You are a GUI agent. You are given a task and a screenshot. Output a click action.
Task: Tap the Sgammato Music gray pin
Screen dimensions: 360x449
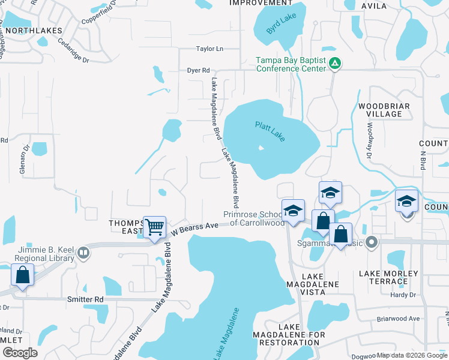coord(372,242)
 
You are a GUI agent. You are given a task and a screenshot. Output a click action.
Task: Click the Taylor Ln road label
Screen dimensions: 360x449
coord(209,49)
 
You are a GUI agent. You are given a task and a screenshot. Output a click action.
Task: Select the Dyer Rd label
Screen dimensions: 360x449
coord(197,70)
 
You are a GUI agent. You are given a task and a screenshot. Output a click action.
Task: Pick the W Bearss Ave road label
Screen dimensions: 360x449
coord(194,227)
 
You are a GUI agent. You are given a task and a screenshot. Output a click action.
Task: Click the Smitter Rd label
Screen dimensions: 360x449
coord(86,299)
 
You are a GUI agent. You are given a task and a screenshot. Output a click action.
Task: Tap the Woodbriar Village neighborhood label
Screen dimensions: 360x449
coord(380,110)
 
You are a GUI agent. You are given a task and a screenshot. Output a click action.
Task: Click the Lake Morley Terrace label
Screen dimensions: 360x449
coord(388,278)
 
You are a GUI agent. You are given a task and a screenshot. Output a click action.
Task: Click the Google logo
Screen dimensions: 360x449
coord(20,353)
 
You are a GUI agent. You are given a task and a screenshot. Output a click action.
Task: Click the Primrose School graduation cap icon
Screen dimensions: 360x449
coord(293,211)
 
